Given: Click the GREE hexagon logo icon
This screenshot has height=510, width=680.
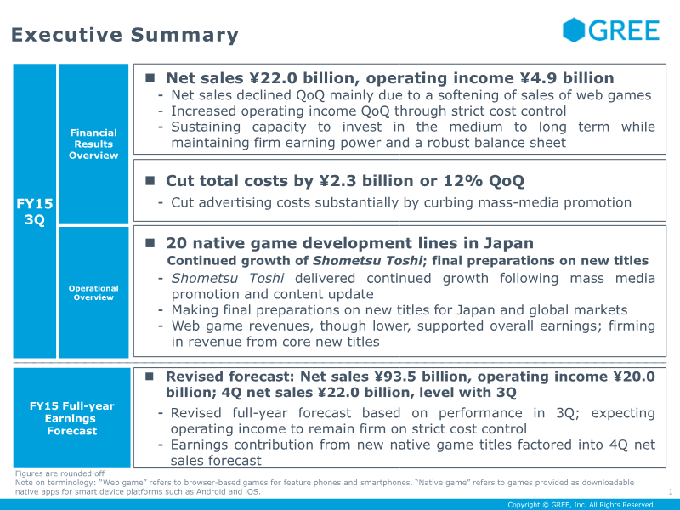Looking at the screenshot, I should coord(575,30).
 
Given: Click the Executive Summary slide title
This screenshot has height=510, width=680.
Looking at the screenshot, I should coord(125,35).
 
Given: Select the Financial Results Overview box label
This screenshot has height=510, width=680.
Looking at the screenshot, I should coord(93,144).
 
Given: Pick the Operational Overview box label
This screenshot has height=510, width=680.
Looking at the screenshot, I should coord(93,293).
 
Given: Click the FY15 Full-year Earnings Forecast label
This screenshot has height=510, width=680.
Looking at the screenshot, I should coord(72,418).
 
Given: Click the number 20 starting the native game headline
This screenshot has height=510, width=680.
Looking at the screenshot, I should coord(176,244).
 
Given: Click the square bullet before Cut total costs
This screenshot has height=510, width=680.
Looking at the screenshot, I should coord(149,181).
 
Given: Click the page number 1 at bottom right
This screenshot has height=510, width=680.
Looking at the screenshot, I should coord(671,491).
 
